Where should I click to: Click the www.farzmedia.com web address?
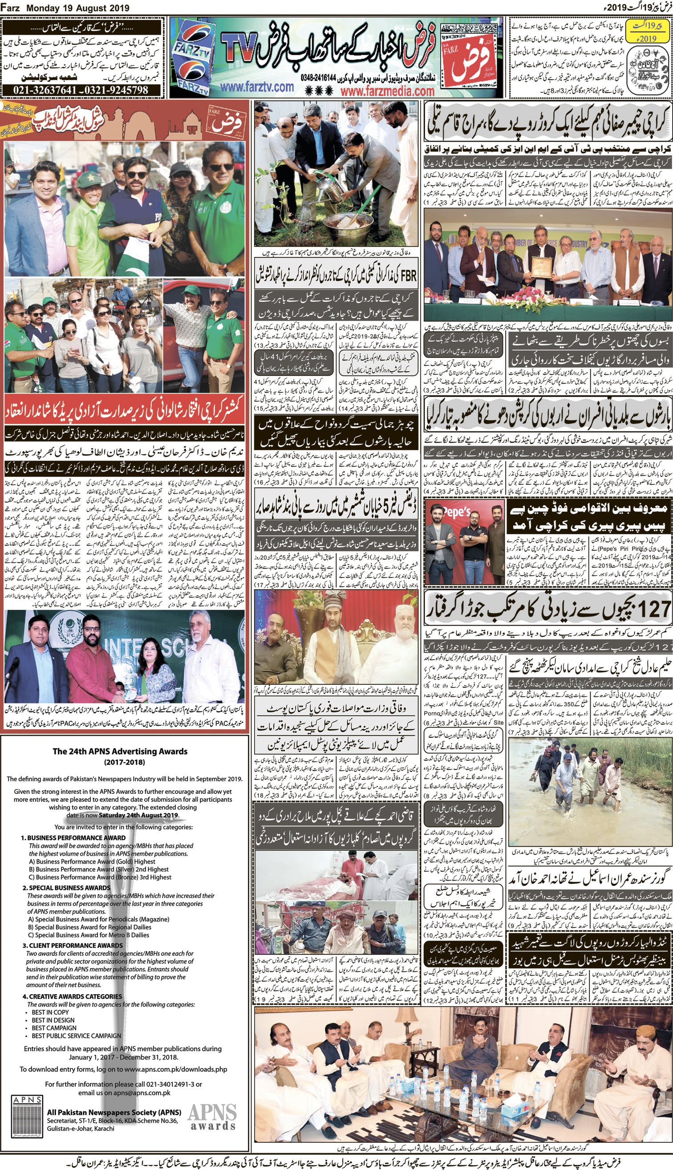(x=387, y=91)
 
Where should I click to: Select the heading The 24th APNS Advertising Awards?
(x=120, y=751)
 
